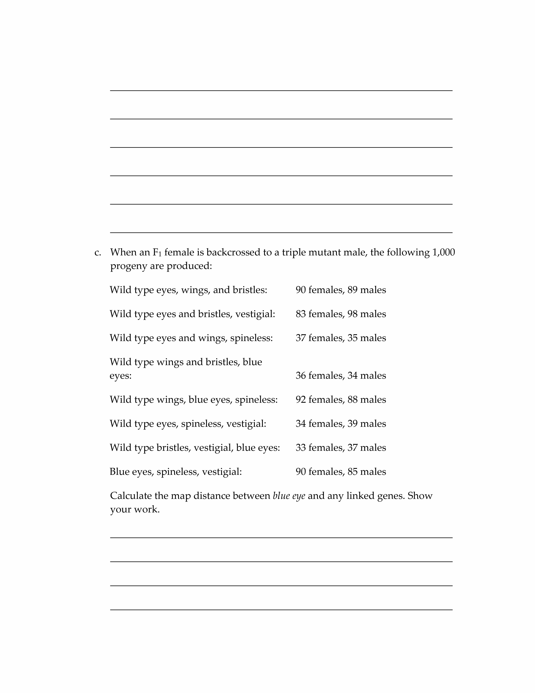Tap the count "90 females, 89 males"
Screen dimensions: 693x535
[341, 290]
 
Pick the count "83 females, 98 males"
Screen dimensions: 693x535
[341, 314]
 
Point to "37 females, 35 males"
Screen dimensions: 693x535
[341, 338]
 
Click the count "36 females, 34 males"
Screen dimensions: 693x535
[341, 376]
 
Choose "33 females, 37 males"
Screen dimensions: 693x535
[341, 448]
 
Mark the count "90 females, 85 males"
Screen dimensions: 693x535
[341, 472]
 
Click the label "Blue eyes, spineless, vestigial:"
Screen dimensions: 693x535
[176, 472]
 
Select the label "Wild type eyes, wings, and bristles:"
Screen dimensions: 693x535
[188, 290]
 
